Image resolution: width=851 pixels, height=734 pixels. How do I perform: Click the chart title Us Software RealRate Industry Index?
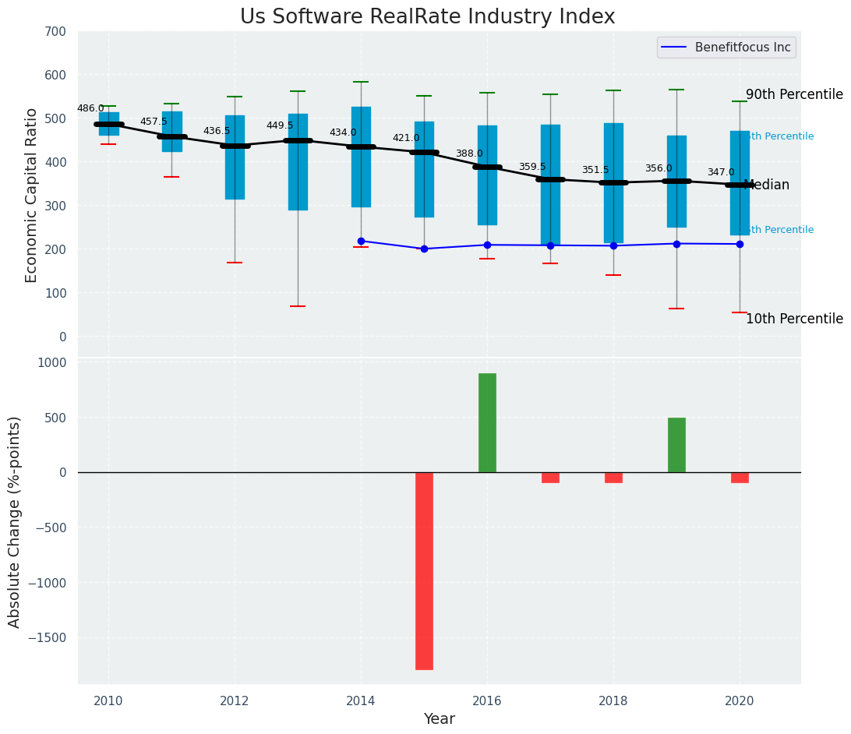[427, 17]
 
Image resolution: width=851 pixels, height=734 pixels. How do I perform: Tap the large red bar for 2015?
[424, 570]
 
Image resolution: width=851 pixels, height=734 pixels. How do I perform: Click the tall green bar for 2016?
[487, 422]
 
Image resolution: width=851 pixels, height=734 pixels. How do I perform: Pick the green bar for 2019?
[676, 445]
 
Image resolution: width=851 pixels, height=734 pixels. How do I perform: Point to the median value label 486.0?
[90, 108]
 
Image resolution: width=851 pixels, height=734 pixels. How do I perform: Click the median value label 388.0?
[469, 154]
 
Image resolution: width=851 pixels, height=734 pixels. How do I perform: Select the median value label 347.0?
[721, 172]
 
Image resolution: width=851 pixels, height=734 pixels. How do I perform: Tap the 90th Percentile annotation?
[794, 95]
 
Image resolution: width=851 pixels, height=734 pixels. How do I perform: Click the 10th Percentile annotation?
[794, 319]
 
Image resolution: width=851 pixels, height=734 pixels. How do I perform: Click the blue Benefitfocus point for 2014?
[361, 241]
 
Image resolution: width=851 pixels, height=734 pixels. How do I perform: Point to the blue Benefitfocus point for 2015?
[424, 249]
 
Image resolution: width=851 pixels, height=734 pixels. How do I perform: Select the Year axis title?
[439, 719]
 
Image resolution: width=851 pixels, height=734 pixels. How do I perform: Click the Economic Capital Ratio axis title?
[32, 195]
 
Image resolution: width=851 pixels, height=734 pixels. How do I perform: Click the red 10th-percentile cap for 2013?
[298, 306]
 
